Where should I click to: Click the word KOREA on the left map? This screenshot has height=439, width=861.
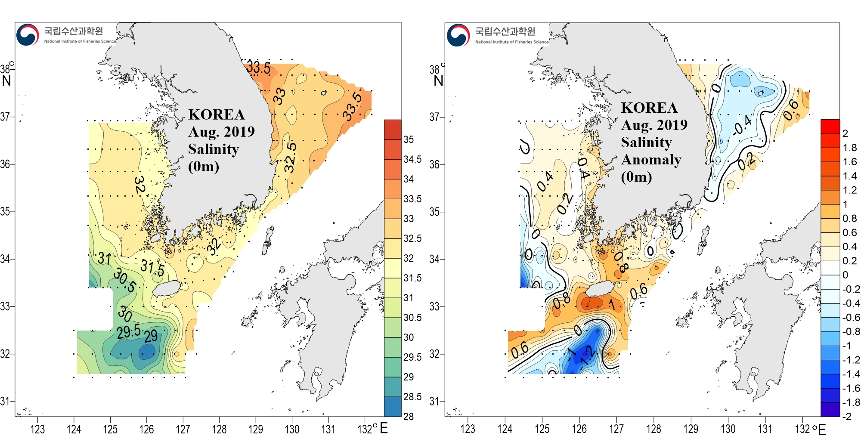pos(217,114)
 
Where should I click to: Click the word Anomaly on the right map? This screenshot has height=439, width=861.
pos(651,160)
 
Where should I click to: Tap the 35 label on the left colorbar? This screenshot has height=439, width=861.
pos(409,139)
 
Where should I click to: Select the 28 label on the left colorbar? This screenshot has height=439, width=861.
pos(409,416)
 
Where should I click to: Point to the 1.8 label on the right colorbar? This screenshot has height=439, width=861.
pos(850,148)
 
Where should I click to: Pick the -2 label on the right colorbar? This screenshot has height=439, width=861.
pos(847,416)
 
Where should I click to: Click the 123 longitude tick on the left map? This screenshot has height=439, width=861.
pos(37,429)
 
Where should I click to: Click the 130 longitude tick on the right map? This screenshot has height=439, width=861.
pos(728,429)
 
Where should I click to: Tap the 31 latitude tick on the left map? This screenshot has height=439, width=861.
pos(5,401)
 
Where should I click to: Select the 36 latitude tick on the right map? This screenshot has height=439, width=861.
pos(434,164)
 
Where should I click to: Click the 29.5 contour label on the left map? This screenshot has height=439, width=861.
pos(129,331)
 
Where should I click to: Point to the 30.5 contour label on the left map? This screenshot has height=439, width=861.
pos(125,280)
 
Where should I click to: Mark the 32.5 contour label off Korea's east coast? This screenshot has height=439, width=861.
pos(291,158)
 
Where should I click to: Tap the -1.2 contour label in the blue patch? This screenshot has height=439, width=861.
pos(587,356)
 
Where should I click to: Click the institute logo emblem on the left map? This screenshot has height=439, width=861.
pos(28,35)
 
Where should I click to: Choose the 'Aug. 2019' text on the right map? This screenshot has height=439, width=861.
pos(654,125)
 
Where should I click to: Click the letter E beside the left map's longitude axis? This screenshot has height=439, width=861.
pos(384,428)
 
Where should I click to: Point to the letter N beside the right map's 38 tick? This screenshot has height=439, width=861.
pos(438,80)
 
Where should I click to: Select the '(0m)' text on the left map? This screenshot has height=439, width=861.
pos(204,166)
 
